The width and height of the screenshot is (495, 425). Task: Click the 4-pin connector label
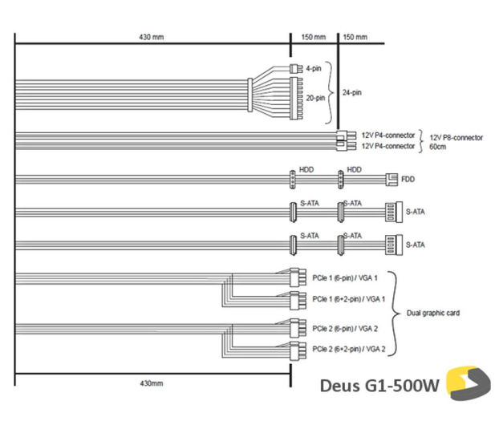tap(314, 68)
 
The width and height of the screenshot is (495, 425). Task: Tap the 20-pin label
tap(315, 98)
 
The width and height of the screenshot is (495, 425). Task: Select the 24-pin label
tap(352, 92)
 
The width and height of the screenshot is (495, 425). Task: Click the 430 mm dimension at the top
tap(152, 37)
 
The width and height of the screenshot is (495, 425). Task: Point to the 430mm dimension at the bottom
tap(152, 383)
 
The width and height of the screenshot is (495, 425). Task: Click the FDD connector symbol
tap(392, 180)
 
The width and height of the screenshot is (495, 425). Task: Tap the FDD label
tap(408, 179)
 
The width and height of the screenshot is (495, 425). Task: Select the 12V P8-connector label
tap(456, 138)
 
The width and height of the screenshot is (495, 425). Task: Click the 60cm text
tap(438, 147)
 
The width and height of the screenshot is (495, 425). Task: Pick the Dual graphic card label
tap(433, 313)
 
